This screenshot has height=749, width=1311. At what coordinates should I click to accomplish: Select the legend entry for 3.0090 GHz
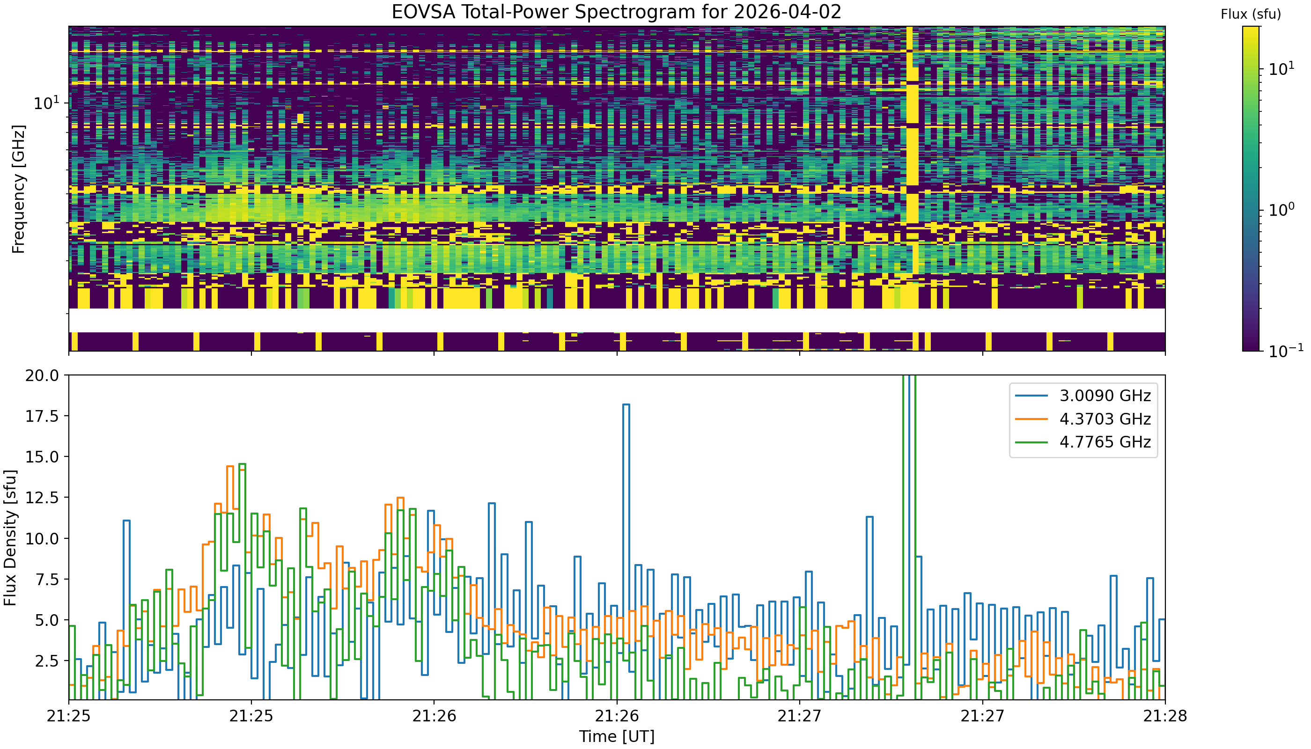coord(1083,396)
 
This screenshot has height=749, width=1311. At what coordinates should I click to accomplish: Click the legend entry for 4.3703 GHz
coord(1083,419)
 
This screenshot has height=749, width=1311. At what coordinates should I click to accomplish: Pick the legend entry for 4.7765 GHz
coord(1083,442)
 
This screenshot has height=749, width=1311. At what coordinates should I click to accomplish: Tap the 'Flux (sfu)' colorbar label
coord(1251,15)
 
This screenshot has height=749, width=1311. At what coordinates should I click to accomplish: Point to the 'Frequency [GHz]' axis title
coord(18,189)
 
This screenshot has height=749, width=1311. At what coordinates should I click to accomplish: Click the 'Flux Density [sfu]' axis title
coord(10,537)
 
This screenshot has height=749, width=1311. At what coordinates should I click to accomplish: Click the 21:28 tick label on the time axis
coord(1165,716)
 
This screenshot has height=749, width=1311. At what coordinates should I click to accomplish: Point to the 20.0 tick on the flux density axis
coord(43,375)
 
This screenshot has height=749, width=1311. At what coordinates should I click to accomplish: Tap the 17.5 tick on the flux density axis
coord(43,416)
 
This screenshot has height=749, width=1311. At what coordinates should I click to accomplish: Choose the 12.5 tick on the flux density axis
coord(43,498)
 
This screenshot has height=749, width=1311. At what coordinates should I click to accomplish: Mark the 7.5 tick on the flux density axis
coord(48,579)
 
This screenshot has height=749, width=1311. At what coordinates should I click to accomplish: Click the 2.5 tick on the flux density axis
coord(48,661)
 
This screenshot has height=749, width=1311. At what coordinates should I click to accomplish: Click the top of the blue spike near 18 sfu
coord(626,405)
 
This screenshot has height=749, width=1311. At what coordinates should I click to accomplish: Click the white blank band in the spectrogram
coord(617,320)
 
